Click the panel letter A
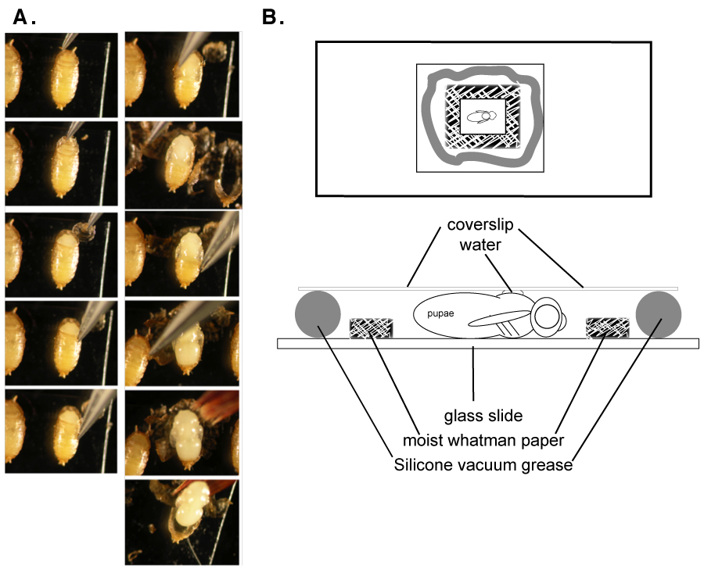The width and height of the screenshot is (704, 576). point(23,17)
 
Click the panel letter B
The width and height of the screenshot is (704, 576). point(272,17)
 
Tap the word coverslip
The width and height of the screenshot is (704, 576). point(480,225)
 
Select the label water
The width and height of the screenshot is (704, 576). point(480,245)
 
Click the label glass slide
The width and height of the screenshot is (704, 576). point(483,416)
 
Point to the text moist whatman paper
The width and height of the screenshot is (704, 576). point(483,441)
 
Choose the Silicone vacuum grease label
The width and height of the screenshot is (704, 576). point(483,465)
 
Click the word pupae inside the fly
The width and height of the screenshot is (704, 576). point(440,313)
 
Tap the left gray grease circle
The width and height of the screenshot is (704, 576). point(318,314)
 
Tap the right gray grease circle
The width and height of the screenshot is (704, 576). point(658,314)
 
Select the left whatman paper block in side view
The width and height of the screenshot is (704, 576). point(372,328)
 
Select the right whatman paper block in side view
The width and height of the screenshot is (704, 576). point(608,328)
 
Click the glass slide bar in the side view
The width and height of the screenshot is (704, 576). point(488,344)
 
